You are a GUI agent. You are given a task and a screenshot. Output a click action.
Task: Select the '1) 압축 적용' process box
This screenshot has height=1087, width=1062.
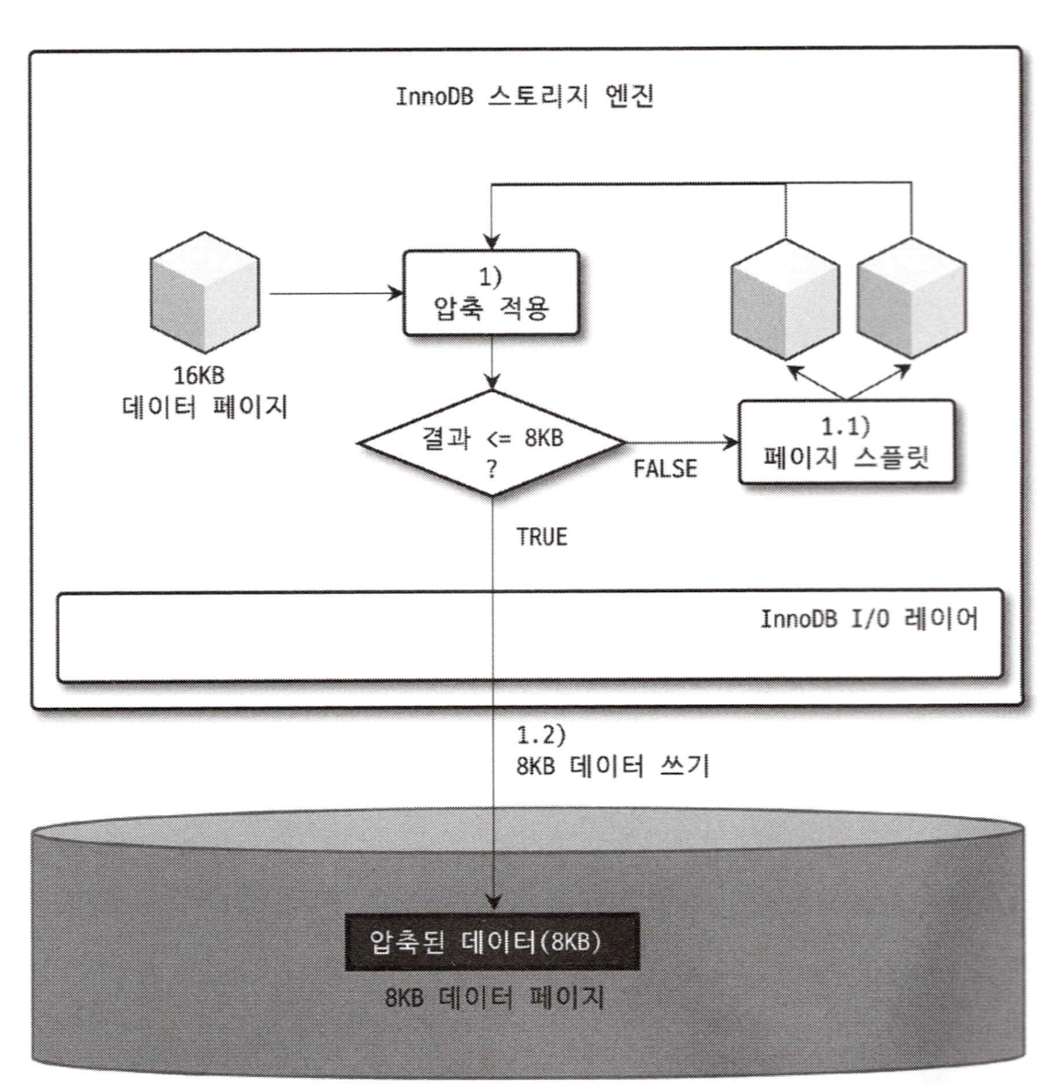pyautogui.click(x=491, y=293)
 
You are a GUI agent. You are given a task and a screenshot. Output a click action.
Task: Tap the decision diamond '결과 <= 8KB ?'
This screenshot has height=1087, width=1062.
pyautogui.click(x=492, y=443)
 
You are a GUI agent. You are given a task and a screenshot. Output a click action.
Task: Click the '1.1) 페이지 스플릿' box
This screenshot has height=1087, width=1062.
pyautogui.click(x=845, y=442)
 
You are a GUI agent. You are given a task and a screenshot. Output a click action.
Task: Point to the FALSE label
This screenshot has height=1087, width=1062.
pyautogui.click(x=665, y=469)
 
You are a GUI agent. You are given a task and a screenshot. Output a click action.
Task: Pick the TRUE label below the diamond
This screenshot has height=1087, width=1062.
pyautogui.click(x=542, y=537)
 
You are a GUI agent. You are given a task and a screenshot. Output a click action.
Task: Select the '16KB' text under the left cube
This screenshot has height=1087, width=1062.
pyautogui.click(x=198, y=376)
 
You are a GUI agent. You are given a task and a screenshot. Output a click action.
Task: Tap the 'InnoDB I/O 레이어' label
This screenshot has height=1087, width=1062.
pyautogui.click(x=868, y=619)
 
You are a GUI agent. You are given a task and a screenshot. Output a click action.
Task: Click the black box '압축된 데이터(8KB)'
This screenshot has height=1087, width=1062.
pyautogui.click(x=491, y=942)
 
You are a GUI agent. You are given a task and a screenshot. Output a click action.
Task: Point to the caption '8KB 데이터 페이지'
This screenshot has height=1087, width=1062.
pyautogui.click(x=494, y=998)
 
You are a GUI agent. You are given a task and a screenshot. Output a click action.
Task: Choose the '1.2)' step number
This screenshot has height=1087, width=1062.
pyautogui.click(x=540, y=735)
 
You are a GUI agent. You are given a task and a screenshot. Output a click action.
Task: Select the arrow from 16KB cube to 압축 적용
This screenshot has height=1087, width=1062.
pyautogui.click(x=335, y=294)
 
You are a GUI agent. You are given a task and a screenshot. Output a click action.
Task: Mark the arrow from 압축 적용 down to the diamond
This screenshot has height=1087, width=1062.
pyautogui.click(x=493, y=363)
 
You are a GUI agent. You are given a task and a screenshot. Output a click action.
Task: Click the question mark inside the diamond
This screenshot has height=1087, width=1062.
pyautogui.click(x=492, y=470)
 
